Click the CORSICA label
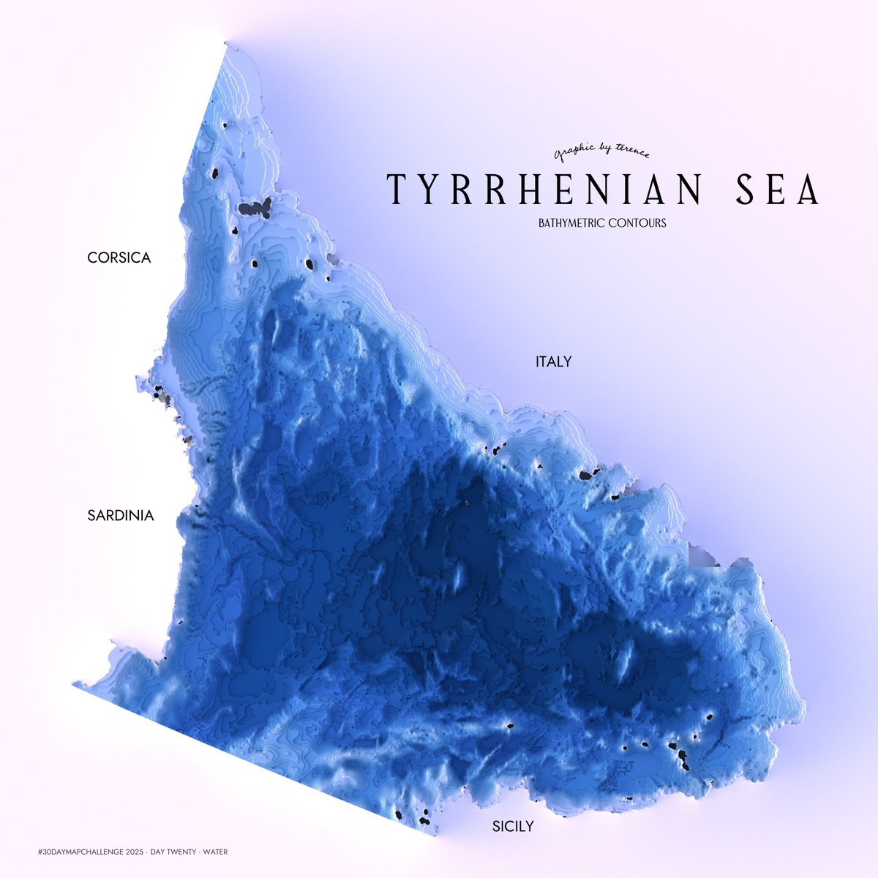coord(119,258)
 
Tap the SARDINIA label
coord(121,515)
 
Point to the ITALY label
coord(553,361)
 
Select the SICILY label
coord(513,827)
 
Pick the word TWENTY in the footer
coord(182,851)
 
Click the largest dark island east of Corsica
coord(255,209)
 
